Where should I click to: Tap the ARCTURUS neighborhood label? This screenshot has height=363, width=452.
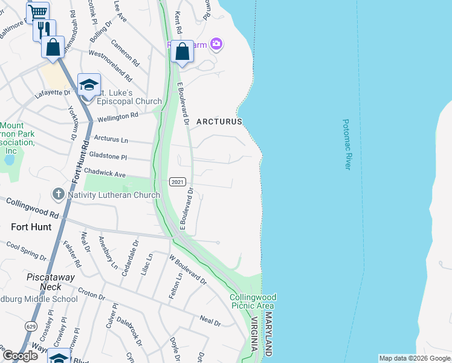[x=218, y=122]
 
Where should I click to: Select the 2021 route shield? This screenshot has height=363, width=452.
[x=177, y=181]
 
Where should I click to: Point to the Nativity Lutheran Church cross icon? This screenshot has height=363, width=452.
[x=58, y=195]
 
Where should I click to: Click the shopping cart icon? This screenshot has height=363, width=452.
[x=38, y=11]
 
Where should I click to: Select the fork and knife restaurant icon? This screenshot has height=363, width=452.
[x=44, y=29]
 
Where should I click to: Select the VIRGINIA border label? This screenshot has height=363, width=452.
[x=256, y=337]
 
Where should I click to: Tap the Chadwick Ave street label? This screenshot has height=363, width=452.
[x=107, y=174]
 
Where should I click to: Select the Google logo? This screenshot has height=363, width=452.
[x=20, y=356]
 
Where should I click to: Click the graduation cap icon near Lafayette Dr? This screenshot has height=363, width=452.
[x=89, y=84]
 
